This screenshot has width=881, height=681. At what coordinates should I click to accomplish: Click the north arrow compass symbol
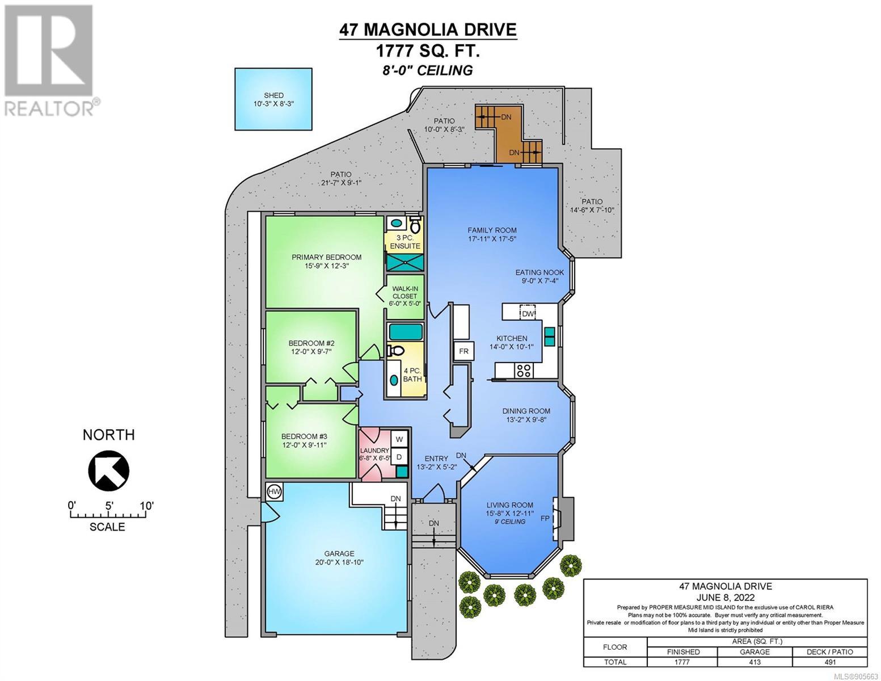coord(109,470)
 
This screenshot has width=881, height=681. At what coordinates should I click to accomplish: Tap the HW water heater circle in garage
coord(275,492)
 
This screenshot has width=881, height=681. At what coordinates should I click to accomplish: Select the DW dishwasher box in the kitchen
coord(528,313)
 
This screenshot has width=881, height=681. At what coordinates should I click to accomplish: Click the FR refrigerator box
coord(463,351)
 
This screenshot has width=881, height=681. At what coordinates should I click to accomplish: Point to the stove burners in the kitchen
coord(524,370)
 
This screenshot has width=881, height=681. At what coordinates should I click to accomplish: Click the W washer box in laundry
coord(399,439)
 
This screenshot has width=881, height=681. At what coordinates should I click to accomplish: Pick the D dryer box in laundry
coord(399,457)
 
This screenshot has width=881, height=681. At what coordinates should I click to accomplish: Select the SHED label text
coord(273,95)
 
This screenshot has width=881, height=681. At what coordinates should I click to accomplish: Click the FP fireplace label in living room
coord(545,518)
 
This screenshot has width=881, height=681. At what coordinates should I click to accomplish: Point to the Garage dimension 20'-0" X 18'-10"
coord(339,562)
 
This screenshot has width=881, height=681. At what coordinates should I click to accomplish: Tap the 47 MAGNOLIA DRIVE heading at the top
coord(428,30)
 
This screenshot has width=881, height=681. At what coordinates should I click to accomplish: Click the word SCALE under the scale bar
coord(107,527)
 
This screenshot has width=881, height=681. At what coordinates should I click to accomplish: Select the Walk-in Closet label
coord(405,292)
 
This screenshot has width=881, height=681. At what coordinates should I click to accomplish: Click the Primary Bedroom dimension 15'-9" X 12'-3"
coord(327,266)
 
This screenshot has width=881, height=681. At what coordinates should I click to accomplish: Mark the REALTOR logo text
coord(49,108)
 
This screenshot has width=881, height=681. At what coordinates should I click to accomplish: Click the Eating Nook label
coord(539,272)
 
